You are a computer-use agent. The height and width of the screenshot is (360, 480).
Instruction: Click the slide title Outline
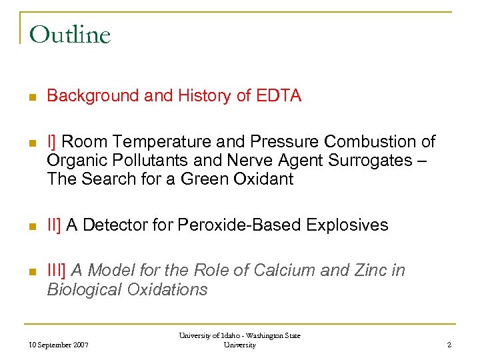pyautogui.click(x=70, y=34)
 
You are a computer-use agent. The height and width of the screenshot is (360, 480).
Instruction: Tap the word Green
pyautogui.click(x=199, y=179)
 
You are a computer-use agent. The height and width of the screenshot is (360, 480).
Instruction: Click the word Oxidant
pyautogui.click(x=260, y=179)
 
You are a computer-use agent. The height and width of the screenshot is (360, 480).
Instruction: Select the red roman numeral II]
pyautogui.click(x=55, y=225)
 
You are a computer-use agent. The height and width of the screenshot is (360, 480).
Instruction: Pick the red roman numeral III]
pyautogui.click(x=57, y=271)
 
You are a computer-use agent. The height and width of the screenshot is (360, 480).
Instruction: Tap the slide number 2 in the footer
pyautogui.click(x=449, y=345)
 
